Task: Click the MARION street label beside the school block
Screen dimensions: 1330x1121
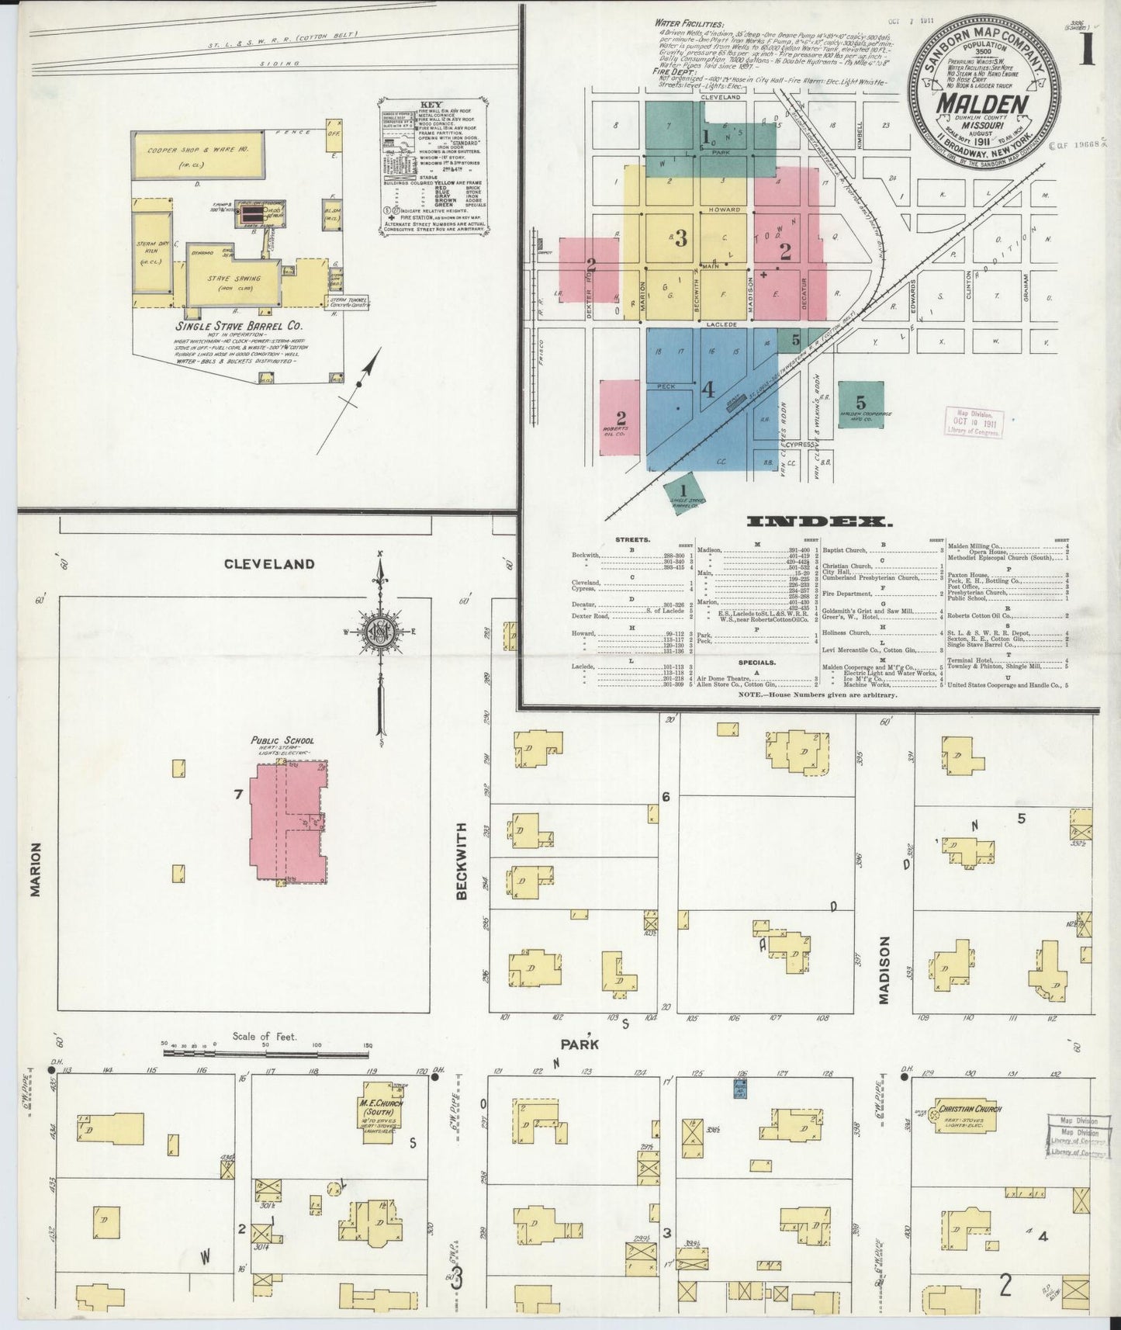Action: coord(34,870)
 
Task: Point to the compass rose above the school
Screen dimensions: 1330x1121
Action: coord(379,629)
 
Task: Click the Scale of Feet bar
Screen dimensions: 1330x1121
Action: coord(266,1053)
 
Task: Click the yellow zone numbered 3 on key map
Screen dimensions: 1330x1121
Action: coord(680,238)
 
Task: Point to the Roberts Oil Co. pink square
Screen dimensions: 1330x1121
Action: coord(621,417)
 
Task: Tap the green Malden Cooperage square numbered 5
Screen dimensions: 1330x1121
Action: coord(860,404)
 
